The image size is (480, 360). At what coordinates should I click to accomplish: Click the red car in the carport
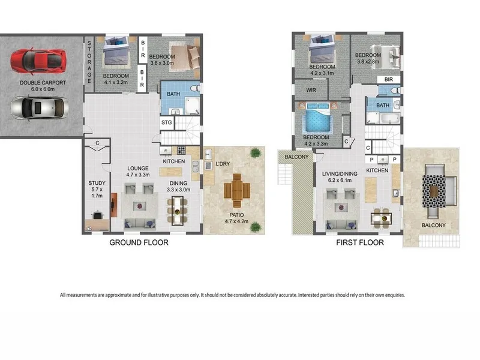(x=38, y=61)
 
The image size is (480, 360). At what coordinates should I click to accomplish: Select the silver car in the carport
(x=39, y=108)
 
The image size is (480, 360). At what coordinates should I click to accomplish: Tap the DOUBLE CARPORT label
(x=43, y=83)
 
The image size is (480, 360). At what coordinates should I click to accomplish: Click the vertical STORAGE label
(x=89, y=62)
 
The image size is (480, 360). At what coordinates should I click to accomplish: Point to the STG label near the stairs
(x=167, y=122)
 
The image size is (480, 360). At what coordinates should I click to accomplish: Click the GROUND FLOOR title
(x=139, y=242)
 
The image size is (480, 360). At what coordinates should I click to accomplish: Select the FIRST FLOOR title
(x=360, y=242)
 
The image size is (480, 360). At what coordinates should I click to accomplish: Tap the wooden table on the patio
(x=237, y=190)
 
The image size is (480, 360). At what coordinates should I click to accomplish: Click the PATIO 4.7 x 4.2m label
(x=236, y=218)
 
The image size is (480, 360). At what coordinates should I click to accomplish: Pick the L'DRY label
(x=223, y=164)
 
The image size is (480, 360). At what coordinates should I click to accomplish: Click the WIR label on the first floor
(x=311, y=90)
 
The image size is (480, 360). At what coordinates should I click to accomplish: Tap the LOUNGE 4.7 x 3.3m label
(x=138, y=172)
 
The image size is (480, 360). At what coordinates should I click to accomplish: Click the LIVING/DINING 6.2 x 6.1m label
(x=340, y=177)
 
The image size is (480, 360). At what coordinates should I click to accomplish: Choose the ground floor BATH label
(x=173, y=94)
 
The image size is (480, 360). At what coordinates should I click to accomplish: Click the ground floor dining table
(x=177, y=211)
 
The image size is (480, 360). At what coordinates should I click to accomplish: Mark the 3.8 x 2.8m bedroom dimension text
(x=368, y=62)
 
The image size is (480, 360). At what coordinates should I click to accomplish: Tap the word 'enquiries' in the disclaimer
(x=395, y=295)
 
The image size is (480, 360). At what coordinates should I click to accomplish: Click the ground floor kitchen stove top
(x=181, y=151)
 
